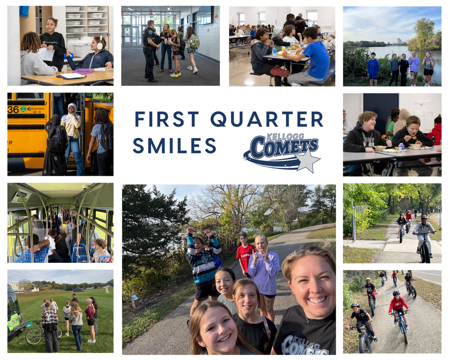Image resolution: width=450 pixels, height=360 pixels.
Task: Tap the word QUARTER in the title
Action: pos(267,120)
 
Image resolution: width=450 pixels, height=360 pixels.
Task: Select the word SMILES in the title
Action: pos(174,146)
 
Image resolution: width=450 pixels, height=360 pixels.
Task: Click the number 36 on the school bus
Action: pos(13,109)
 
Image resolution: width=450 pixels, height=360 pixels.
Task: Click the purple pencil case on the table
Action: pos(83,71)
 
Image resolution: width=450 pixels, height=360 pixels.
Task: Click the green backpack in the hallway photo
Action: pos(194,42)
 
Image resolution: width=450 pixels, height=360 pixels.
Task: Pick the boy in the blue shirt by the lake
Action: pos(373,69)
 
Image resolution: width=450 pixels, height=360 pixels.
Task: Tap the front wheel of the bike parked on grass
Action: pos(33,336)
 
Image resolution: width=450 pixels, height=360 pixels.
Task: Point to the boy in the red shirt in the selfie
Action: pos(244,256)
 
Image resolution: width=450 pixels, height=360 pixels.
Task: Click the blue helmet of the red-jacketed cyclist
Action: pos(396,293)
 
